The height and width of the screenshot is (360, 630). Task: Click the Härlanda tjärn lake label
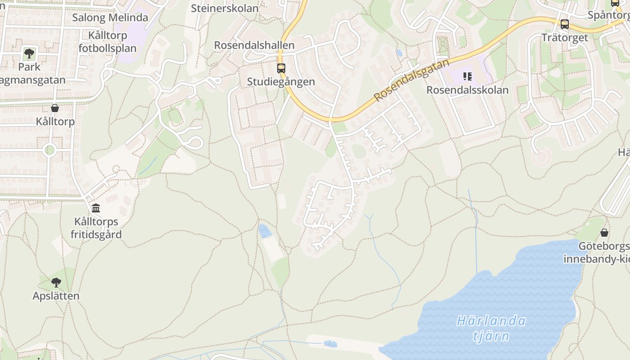point(491,328)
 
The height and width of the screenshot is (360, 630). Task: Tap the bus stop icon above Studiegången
point(281,68)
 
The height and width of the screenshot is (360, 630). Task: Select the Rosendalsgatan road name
point(411,80)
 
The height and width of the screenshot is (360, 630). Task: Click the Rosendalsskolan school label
point(467,90)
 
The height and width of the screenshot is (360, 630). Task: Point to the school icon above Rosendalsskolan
point(467,76)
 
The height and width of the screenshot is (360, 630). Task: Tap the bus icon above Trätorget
point(564,24)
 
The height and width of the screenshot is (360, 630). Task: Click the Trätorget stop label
point(564,37)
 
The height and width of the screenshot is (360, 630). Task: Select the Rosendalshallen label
point(254,45)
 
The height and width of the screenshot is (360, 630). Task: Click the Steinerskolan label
point(225,8)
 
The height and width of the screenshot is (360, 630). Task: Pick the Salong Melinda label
point(110,18)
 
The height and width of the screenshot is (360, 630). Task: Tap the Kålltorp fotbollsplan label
point(108,41)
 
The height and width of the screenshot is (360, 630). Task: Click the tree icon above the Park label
point(29,54)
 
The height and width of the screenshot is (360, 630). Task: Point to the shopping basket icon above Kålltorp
point(55,108)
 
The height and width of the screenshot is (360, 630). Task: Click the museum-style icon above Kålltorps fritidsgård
point(96,208)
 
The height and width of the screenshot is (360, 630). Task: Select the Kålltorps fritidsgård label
point(98,228)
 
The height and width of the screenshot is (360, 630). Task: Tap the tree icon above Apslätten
point(56,283)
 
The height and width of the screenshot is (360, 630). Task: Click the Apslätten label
point(56,296)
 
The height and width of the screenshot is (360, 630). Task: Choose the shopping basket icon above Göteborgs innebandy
point(604,233)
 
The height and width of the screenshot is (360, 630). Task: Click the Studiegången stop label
point(281,82)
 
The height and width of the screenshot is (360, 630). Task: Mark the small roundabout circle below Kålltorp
point(49,150)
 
